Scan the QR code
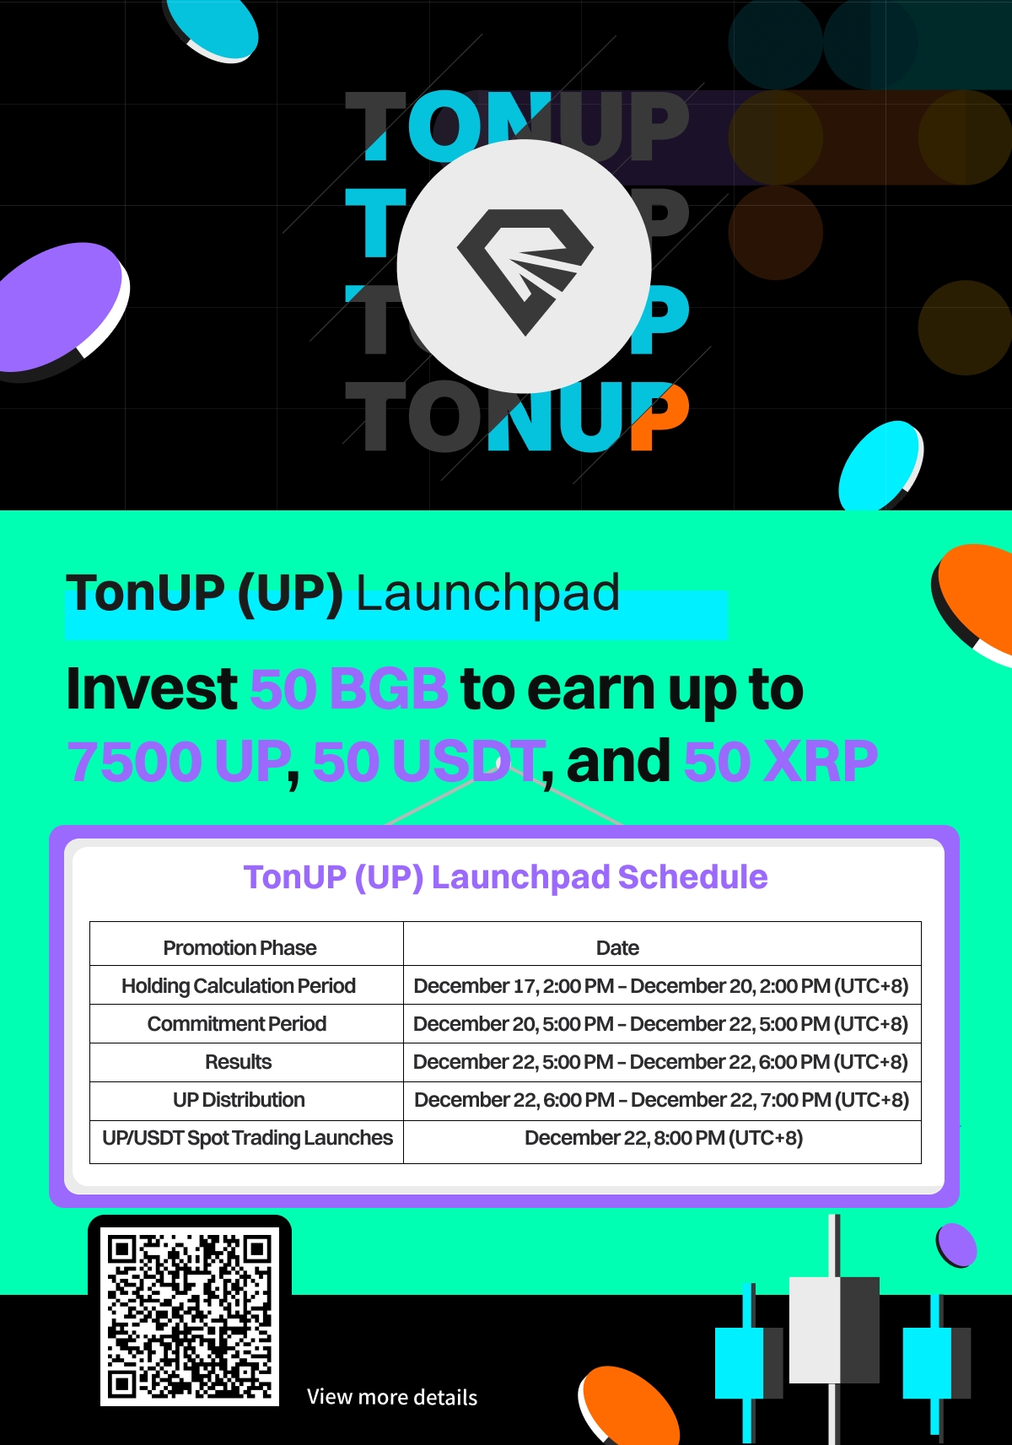(189, 1316)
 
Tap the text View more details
(392, 1397)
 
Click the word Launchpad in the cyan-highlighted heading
(487, 594)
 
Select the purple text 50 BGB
(349, 689)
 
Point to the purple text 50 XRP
(780, 761)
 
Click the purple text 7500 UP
(179, 761)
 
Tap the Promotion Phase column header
(240, 947)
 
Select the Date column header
(617, 947)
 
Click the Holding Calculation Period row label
(239, 986)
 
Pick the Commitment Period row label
(237, 1024)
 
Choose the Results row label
(238, 1062)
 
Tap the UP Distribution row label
(239, 1100)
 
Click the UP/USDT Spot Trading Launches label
(247, 1138)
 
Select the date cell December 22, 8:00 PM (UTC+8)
(663, 1138)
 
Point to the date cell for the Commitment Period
(660, 1024)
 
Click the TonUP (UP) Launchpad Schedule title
(506, 877)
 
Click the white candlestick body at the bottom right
(814, 1329)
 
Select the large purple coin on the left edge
(62, 309)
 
